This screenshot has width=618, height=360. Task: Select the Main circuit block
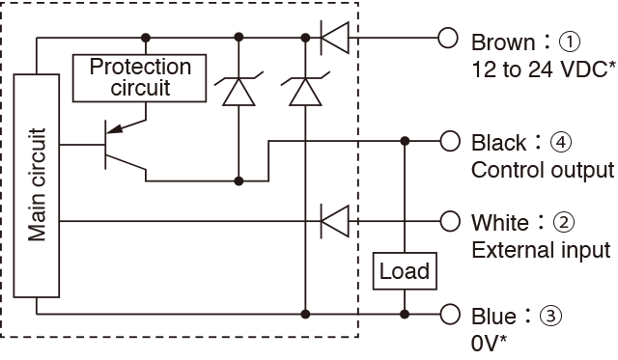[x=37, y=185]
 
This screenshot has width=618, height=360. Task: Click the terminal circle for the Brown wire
[x=448, y=39]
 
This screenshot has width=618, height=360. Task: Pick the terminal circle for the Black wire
[x=450, y=141]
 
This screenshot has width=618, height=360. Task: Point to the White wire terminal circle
[x=450, y=221]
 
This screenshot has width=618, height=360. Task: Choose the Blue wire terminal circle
[x=450, y=315]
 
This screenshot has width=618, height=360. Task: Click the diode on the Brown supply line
[x=335, y=38]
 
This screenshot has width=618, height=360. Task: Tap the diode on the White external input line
[x=335, y=221]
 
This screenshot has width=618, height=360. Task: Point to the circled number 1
[x=570, y=42]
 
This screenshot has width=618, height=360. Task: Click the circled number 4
[x=561, y=142]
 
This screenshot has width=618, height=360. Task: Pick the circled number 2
[x=564, y=223]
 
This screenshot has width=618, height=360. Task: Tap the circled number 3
[x=550, y=316]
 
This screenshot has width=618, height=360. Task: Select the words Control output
[x=543, y=171]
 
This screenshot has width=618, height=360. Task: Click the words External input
[x=541, y=251]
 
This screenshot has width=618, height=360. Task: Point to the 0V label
[x=486, y=344]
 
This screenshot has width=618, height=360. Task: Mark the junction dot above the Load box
[x=405, y=141]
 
